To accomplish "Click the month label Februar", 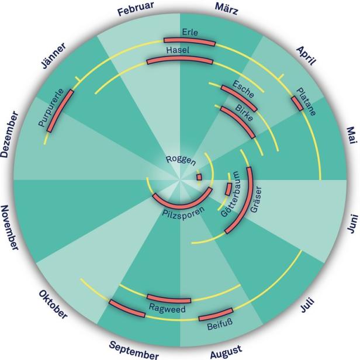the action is point(136,9).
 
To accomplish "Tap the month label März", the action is point(227,9).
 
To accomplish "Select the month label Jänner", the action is point(54,56).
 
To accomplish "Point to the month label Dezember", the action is point(9,134).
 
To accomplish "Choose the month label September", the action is point(134,350).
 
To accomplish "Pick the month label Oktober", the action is point(53,304).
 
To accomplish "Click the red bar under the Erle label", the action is point(189,41).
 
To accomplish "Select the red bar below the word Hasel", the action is point(179,60).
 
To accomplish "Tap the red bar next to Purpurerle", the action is point(60,111).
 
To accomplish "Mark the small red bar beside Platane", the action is point(297,103).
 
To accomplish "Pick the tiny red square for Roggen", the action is point(199,177).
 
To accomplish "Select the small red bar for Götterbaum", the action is point(228,189).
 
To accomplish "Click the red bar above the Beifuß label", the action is point(216,315).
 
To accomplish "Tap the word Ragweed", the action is point(167,309).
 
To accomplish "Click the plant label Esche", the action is point(243,89).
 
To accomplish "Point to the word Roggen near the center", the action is point(181,160).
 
